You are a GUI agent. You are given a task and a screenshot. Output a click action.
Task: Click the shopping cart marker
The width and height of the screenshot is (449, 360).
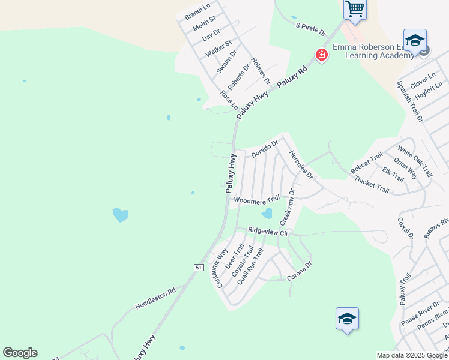point(355,10)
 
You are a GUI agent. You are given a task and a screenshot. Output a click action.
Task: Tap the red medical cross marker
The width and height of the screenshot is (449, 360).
point(322,55)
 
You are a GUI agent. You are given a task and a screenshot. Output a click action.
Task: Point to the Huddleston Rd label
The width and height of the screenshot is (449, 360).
point(155,298)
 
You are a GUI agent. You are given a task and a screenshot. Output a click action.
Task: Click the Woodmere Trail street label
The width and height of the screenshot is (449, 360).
point(257,199)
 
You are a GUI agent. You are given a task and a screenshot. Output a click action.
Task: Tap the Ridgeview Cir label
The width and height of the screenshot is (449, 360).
point(268,230)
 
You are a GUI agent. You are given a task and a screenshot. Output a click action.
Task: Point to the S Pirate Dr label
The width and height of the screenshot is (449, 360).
point(310,28)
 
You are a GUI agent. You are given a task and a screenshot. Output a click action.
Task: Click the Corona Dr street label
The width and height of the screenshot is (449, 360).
point(300,271)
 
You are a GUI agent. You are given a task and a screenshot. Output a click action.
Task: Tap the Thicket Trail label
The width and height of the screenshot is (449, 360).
point(372,184)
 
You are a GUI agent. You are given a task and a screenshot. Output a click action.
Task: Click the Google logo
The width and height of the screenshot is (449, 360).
point(20,353)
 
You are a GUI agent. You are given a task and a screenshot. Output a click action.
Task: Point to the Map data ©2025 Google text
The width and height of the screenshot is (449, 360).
point(411,355)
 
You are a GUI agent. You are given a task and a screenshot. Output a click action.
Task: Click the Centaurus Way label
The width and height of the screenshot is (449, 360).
point(217,268)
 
